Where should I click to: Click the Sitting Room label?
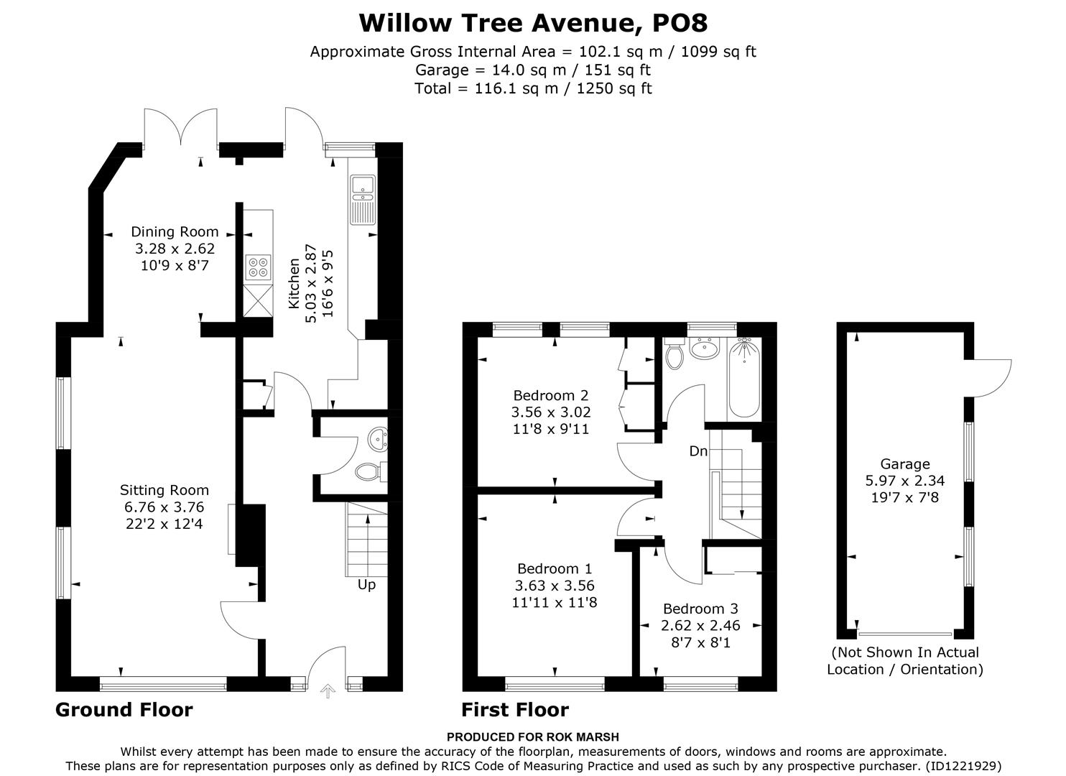coord(164,491)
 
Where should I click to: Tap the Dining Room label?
coord(175,231)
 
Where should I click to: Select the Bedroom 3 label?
coord(700,609)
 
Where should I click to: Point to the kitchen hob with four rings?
coord(258,267)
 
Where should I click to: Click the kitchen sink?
coord(361,186)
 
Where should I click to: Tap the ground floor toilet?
coord(369,471)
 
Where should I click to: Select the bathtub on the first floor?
coord(743,379)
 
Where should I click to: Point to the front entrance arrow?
coord(328,691)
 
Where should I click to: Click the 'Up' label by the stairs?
coord(366,585)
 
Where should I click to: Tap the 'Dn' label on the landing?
coord(698,451)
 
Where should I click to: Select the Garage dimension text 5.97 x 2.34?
coord(905,481)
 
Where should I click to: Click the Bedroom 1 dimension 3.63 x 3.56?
coord(555,586)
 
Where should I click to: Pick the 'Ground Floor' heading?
coord(124,710)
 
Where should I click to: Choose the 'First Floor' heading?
coord(515,710)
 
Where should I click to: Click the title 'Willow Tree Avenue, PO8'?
coord(533,23)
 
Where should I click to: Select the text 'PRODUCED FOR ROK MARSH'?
coord(532,736)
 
